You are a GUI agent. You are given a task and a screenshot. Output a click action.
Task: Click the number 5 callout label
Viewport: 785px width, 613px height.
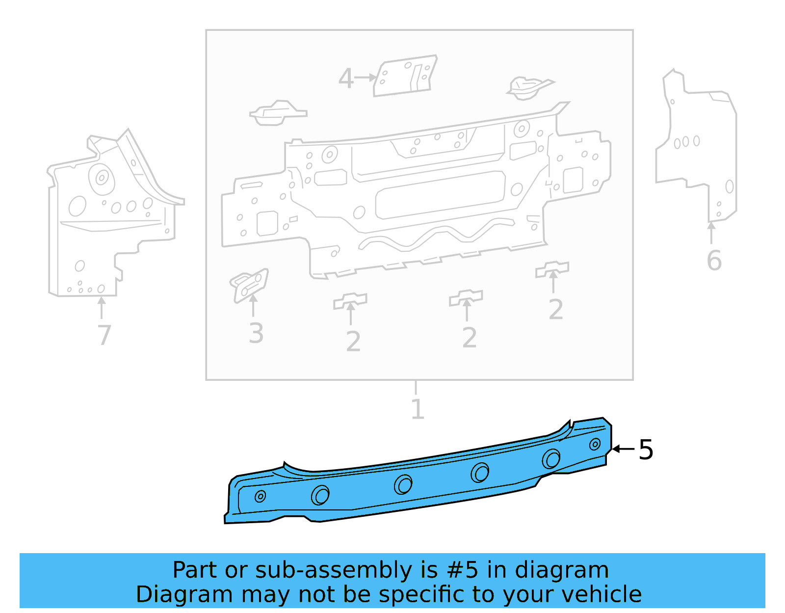coord(646,450)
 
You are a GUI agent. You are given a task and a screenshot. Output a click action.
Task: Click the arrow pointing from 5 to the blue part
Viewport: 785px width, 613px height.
coord(623,449)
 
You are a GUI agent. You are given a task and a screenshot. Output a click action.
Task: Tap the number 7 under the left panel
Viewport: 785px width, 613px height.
coord(104,335)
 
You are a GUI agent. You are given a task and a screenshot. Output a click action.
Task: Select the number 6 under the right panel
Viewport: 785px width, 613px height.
coord(714,261)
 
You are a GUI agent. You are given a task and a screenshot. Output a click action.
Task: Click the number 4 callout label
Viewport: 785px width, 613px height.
coord(346,79)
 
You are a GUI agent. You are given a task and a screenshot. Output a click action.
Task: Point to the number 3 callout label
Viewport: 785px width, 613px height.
coord(256,334)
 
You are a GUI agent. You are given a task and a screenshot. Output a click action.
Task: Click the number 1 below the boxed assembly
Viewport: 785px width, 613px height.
coord(417,409)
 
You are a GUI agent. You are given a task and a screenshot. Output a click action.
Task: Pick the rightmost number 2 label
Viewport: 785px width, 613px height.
coord(555,310)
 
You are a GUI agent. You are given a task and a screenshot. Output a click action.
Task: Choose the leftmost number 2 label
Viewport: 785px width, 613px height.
coord(353,342)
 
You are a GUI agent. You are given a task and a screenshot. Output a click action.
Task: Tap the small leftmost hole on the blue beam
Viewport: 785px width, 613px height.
coord(260,497)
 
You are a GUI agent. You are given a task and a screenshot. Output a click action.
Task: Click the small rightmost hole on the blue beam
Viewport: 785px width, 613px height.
coord(595,445)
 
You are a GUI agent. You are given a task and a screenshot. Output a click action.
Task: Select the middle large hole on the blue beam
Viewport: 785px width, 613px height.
coord(403,485)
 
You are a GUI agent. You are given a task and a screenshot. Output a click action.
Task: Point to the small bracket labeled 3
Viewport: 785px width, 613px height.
coord(249,285)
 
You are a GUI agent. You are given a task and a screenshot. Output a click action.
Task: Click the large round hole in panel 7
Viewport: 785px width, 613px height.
coord(102,178)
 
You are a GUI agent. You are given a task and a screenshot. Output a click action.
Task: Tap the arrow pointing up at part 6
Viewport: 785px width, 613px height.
coord(711,232)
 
